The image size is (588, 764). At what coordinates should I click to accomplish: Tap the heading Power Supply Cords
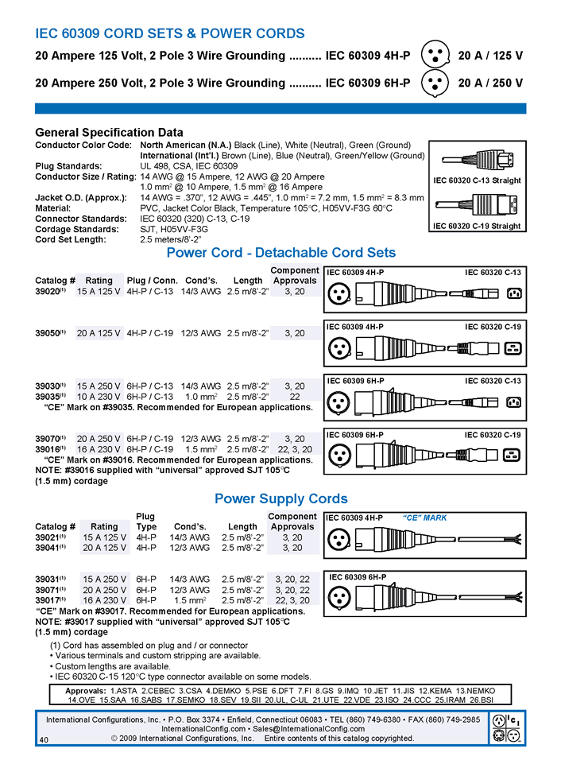[280, 499]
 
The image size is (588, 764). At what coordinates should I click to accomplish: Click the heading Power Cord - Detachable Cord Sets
[280, 253]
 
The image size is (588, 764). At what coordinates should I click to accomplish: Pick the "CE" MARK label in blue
[425, 518]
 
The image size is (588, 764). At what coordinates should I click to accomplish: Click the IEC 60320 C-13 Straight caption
[477, 180]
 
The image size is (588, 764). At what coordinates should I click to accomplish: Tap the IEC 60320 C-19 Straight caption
[477, 226]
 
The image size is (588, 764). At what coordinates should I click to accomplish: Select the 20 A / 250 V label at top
[490, 83]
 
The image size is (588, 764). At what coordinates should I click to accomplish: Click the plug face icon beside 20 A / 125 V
[434, 56]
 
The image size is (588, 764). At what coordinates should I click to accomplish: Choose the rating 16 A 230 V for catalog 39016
[99, 449]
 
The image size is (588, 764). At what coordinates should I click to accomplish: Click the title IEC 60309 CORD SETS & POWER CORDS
[170, 33]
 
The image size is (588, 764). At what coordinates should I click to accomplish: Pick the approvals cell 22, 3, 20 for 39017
[292, 600]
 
